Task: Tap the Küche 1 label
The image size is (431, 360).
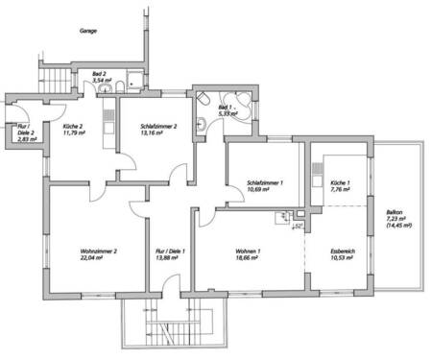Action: pyautogui.click(x=341, y=181)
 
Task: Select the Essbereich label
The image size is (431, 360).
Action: pyautogui.click(x=341, y=252)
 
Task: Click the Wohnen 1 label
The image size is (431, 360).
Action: pyautogui.click(x=248, y=252)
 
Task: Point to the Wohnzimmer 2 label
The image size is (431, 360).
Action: pyautogui.click(x=99, y=252)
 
